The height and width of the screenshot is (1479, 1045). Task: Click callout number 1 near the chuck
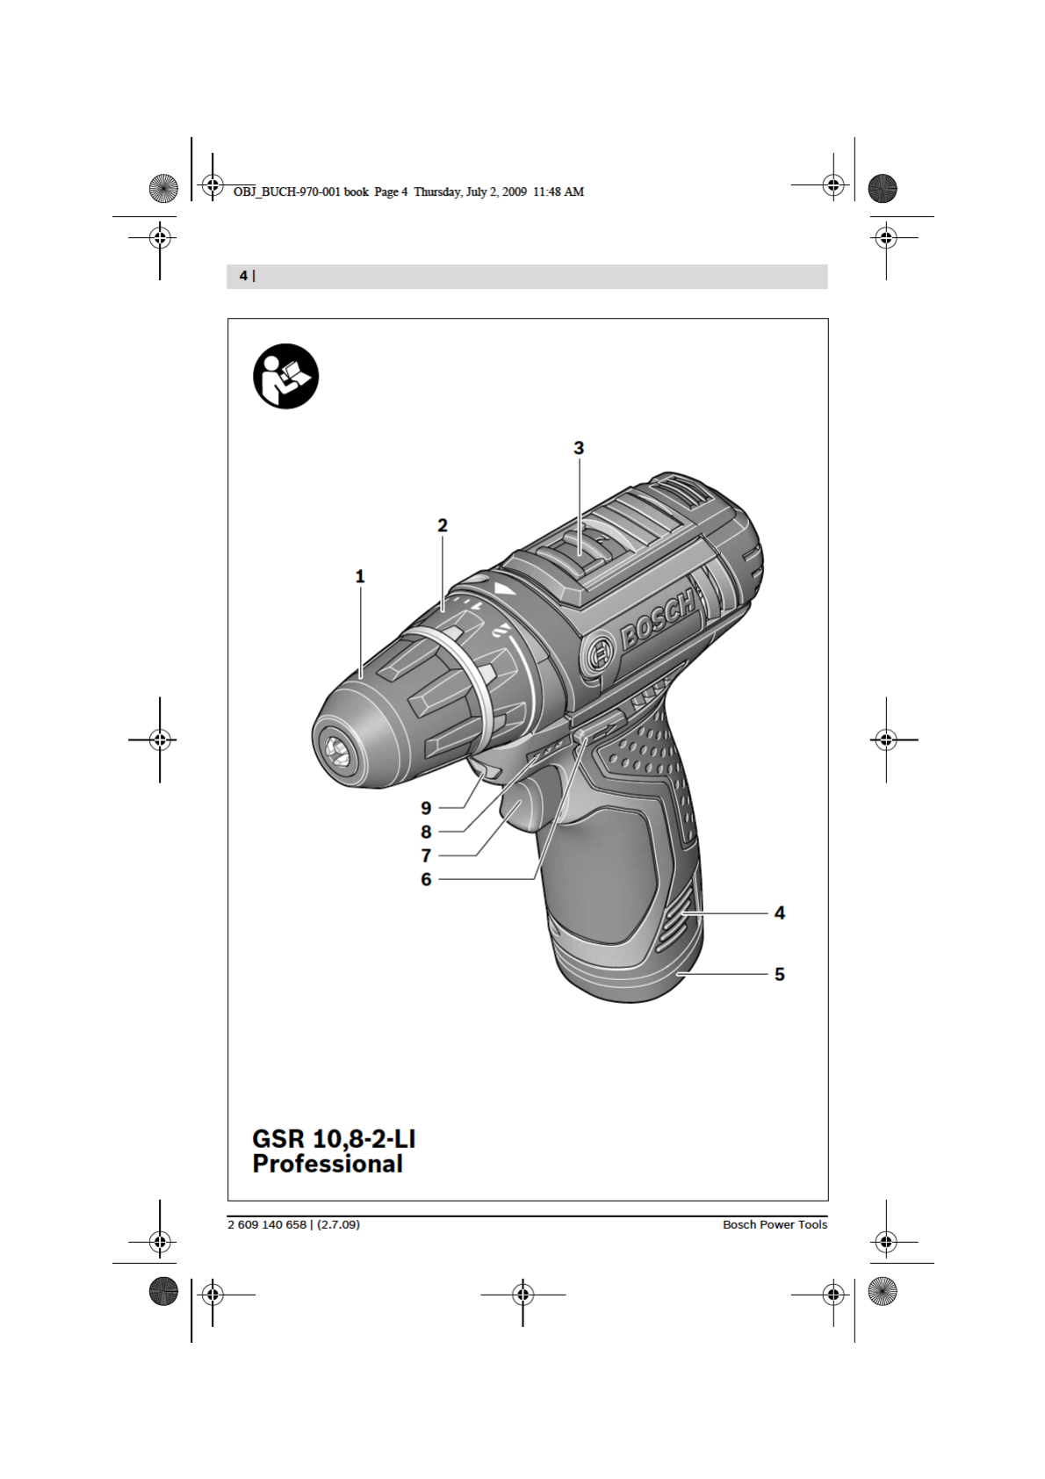tap(360, 576)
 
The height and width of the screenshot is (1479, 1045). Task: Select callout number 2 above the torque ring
tap(443, 525)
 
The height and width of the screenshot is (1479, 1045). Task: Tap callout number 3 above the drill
tap(579, 448)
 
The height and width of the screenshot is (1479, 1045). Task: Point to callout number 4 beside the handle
tap(780, 913)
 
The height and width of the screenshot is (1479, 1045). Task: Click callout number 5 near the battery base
tap(780, 974)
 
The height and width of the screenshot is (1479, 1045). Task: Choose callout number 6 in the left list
tap(427, 879)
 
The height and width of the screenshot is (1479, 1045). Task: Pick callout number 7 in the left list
tap(427, 855)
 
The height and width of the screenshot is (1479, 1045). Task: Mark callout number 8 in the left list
tap(427, 831)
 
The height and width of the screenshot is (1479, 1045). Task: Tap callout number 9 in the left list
tap(427, 807)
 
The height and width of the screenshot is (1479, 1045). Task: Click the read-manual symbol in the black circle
tap(286, 376)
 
